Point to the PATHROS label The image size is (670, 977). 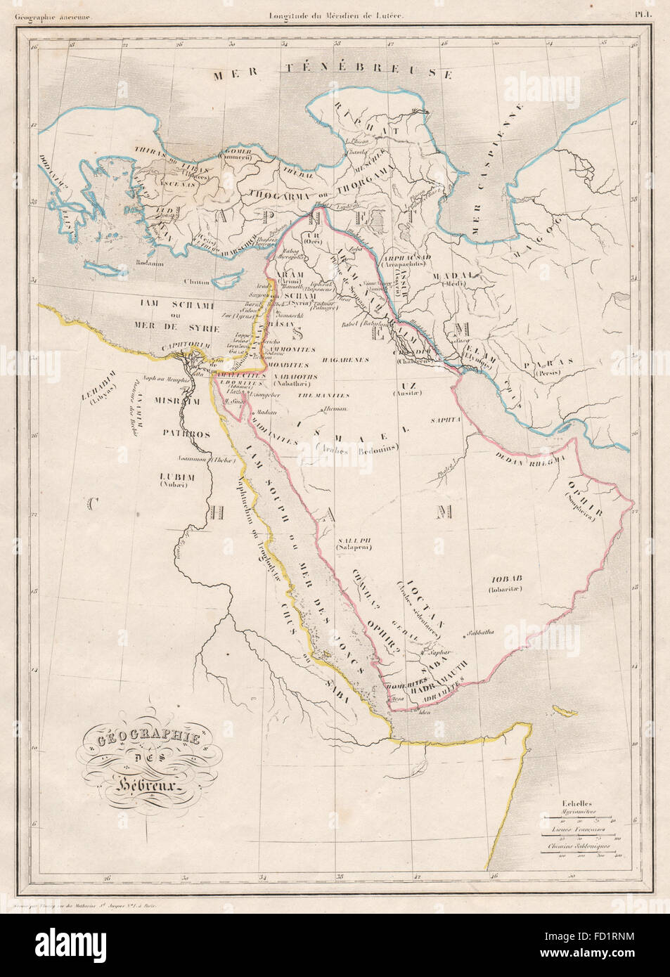click(x=188, y=434)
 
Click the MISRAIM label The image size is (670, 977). click(x=183, y=401)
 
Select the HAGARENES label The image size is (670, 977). click(x=345, y=360)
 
